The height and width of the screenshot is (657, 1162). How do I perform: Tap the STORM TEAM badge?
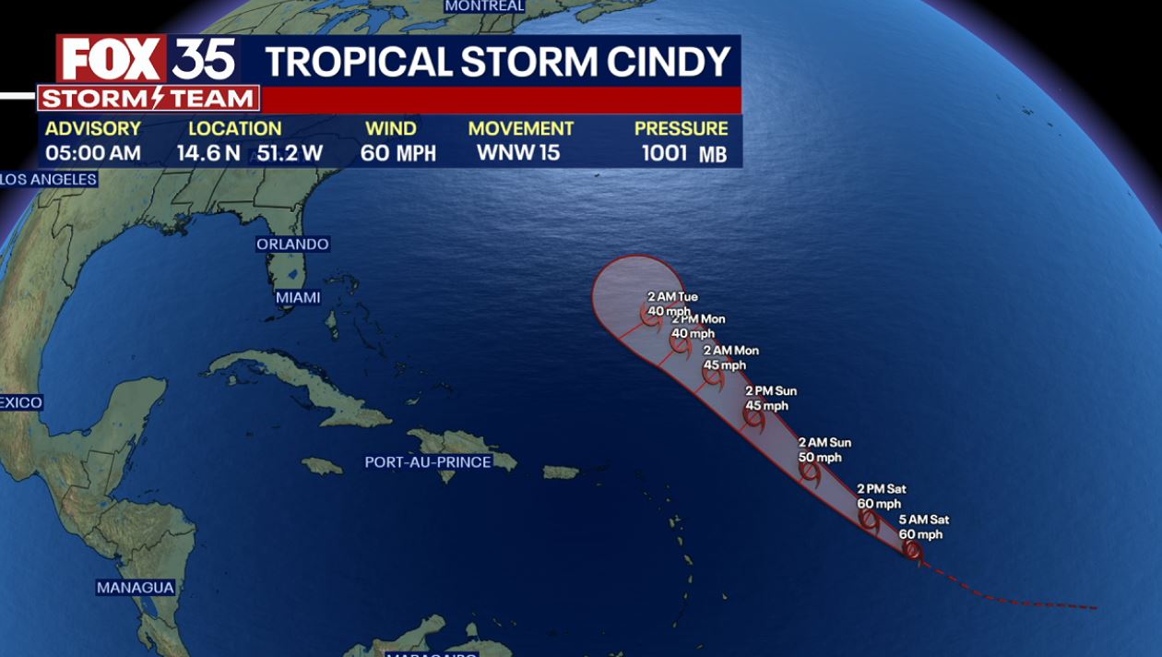tap(148, 99)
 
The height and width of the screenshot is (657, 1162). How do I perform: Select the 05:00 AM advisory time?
tap(93, 153)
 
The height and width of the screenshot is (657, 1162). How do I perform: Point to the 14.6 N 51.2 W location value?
tap(250, 153)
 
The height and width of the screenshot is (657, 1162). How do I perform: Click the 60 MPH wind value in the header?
tap(397, 153)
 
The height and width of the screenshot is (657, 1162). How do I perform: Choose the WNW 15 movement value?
tap(518, 153)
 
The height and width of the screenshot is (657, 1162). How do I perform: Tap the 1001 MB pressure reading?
tap(684, 153)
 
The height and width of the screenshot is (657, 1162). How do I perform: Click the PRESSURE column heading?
tap(681, 129)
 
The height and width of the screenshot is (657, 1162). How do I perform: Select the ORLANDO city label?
tap(292, 245)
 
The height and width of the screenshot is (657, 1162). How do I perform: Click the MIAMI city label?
tap(298, 297)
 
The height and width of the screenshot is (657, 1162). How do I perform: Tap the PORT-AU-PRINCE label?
tap(428, 461)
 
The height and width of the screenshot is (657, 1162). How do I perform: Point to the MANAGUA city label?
tap(136, 587)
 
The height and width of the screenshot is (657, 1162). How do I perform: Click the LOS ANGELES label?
tap(49, 179)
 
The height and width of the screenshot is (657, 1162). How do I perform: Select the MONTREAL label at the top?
tap(485, 6)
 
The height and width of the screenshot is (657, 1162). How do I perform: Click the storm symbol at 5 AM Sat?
tap(912, 551)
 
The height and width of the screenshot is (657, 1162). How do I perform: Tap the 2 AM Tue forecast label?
tap(672, 297)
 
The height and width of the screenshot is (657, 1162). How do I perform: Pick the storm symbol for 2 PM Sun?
tap(754, 419)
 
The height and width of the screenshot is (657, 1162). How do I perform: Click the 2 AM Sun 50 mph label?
tap(824, 450)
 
